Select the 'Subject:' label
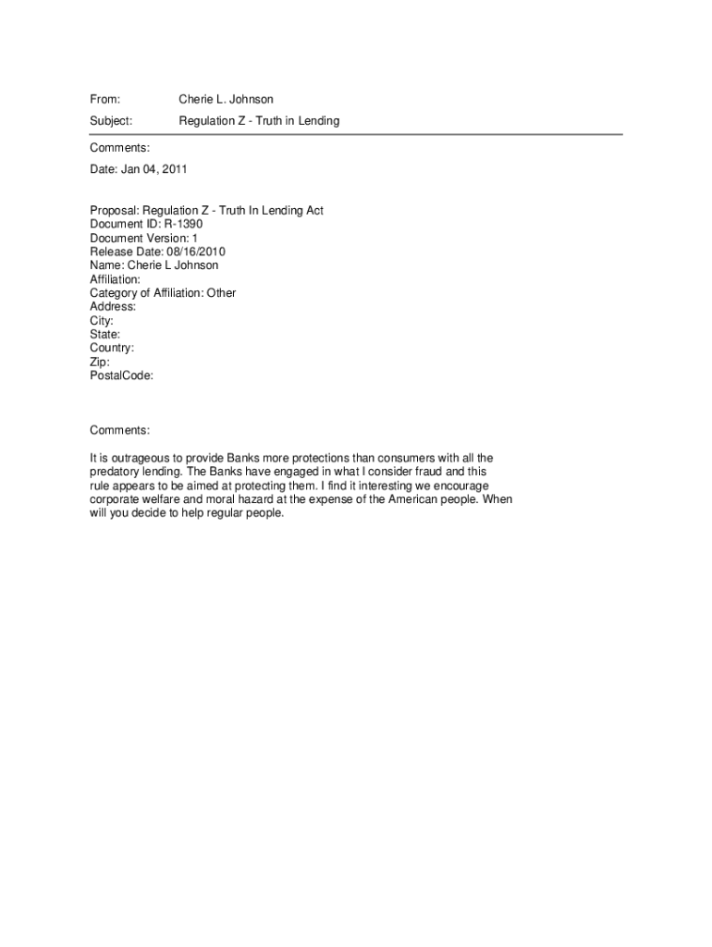[111, 121]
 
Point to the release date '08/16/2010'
[196, 252]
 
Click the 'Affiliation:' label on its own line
[116, 279]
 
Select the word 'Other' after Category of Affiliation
[221, 293]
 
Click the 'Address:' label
[113, 306]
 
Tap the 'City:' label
[102, 321]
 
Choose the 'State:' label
[104, 334]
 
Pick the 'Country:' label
[112, 348]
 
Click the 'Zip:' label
[100, 362]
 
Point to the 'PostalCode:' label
[121, 375]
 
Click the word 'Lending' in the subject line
[319, 121]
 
